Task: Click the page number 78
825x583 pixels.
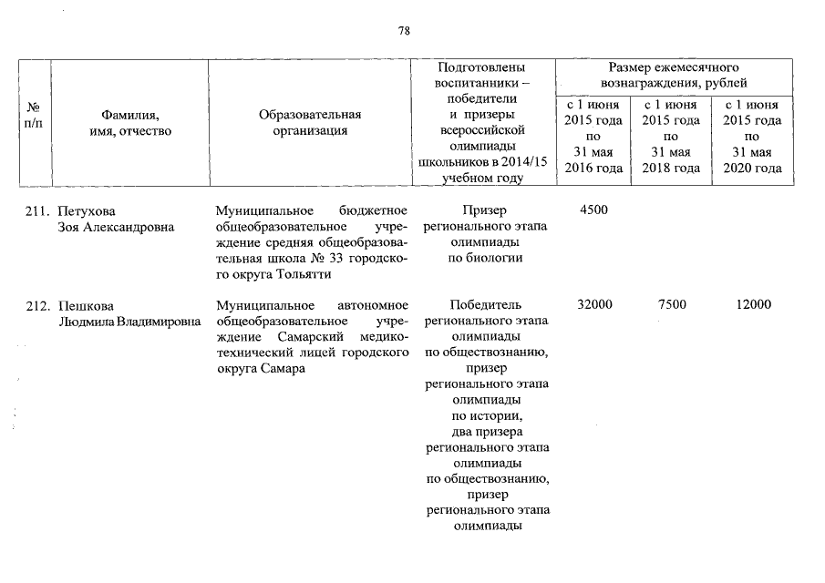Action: (404, 30)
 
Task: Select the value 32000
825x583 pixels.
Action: (594, 304)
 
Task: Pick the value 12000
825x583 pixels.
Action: (753, 304)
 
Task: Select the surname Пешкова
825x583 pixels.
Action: (84, 304)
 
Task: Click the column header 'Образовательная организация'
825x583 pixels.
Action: (310, 122)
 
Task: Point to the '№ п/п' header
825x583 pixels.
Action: (35, 122)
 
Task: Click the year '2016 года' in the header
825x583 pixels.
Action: (594, 168)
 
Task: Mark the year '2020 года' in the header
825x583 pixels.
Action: (753, 168)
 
